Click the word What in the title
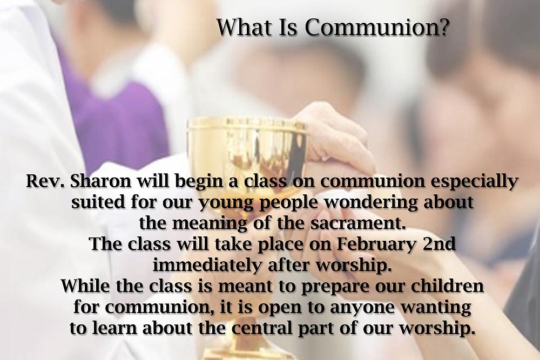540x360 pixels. (244, 27)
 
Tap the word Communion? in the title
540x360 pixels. (377, 27)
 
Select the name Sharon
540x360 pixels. (100, 181)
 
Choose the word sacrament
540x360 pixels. (357, 223)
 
